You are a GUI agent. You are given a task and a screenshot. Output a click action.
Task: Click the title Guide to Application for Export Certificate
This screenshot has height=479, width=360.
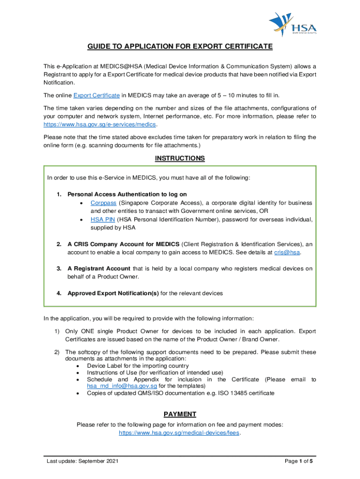click(180, 47)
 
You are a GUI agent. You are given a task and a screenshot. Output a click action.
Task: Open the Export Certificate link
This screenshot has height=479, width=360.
click(96, 95)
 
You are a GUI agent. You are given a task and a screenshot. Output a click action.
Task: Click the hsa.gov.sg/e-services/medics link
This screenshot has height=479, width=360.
click(100, 125)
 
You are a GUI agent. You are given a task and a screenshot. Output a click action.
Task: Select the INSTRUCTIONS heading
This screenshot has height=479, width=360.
click(180, 159)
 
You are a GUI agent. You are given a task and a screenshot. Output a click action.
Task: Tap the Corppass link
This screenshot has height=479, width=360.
click(103, 203)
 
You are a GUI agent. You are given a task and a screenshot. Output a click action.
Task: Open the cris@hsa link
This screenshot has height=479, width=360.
click(287, 252)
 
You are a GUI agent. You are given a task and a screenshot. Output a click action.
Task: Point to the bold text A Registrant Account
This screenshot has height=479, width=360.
click(99, 269)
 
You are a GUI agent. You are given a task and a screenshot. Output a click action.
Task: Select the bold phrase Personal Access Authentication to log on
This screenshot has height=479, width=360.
click(127, 194)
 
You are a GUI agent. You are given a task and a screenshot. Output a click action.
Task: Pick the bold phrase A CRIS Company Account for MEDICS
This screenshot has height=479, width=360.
click(123, 244)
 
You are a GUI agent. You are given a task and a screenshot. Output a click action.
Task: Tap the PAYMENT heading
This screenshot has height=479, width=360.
click(180, 414)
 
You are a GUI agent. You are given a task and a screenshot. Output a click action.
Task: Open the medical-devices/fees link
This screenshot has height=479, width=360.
click(180, 433)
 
